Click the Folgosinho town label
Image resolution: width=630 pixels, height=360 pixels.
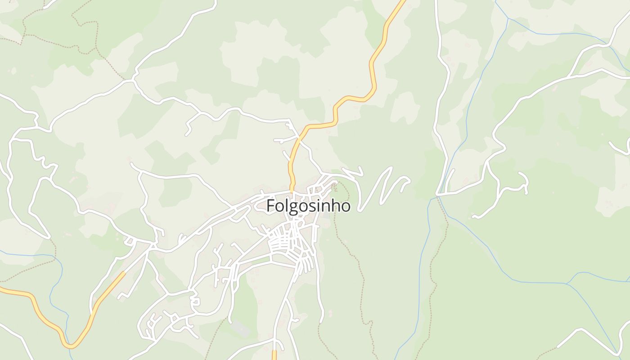pyautogui.click(x=308, y=206)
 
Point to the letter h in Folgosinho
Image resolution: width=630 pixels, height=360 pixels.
pyautogui.click(x=333, y=206)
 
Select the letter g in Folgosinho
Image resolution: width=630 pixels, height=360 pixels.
pyautogui.click(x=292, y=207)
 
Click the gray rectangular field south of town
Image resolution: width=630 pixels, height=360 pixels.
pyautogui.click(x=241, y=329)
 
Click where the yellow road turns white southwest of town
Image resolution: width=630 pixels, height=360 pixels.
pyautogui.click(x=125, y=272)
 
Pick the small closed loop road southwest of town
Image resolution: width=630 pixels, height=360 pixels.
pyautogui.click(x=195, y=301)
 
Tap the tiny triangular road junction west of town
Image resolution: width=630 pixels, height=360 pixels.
pyautogui.click(x=130, y=242)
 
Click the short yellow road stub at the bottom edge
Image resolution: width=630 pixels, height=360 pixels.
pyautogui.click(x=274, y=355)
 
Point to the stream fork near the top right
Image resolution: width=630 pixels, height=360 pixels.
pyautogui.click(x=508, y=19)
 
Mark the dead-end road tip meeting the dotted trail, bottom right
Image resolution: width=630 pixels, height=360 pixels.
pyautogui.click(x=558, y=347)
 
